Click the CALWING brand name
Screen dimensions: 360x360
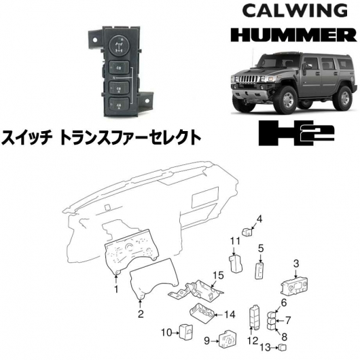point(295,11)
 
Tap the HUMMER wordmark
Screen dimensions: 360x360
point(293,35)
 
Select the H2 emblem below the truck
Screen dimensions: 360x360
point(296,132)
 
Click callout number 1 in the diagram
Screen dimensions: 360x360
point(116,289)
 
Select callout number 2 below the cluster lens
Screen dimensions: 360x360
point(141,313)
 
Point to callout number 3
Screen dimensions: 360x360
point(296,264)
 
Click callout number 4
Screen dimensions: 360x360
point(259,219)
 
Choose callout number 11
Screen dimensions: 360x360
point(235,241)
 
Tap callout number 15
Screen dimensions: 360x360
point(218,275)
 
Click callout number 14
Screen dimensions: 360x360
point(230,314)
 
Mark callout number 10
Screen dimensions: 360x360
point(166,333)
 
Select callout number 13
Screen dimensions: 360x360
point(266,348)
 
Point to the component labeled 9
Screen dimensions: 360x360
point(227,340)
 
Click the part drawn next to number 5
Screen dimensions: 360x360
point(259,271)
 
